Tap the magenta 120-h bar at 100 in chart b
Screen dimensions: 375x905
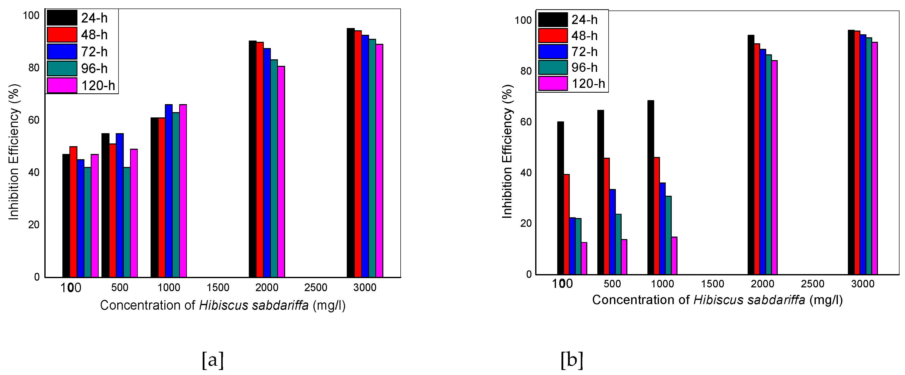click(584, 258)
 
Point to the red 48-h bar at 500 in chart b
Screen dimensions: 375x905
click(606, 216)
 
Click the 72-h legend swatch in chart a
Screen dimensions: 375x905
click(62, 52)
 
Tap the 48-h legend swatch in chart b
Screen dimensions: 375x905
click(553, 36)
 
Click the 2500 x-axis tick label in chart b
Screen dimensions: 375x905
click(813, 284)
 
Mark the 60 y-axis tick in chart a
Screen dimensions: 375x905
click(34, 120)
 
